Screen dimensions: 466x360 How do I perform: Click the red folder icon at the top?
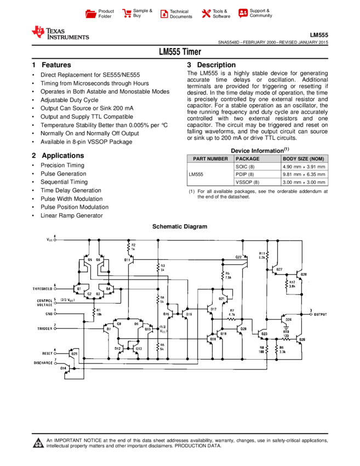pyautogui.click(x=91, y=14)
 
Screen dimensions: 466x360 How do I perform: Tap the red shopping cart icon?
pyautogui.click(x=127, y=14)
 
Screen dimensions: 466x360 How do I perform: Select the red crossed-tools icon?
pyautogui.click(x=206, y=14)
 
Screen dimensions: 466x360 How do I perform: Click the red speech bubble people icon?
pyautogui.click(x=243, y=14)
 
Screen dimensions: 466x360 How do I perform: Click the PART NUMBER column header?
pyautogui.click(x=210, y=159)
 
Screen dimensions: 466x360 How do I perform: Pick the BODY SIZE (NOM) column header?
pyautogui.click(x=304, y=159)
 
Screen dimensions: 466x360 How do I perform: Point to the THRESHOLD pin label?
pyautogui.click(x=42, y=288)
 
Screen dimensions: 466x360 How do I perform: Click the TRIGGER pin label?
pyautogui.click(x=44, y=328)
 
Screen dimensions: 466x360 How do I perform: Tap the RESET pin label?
pyautogui.click(x=47, y=354)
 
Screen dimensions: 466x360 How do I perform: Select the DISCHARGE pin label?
pyautogui.click(x=43, y=363)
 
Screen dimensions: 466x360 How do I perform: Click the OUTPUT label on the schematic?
pyautogui.click(x=321, y=315)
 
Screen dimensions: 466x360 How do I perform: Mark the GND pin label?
pyautogui.click(x=48, y=315)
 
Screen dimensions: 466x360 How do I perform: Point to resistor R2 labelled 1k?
pyautogui.click(x=129, y=247)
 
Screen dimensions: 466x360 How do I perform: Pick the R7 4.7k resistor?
pyautogui.click(x=232, y=318)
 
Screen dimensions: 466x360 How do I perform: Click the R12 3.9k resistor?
pyautogui.click(x=287, y=284)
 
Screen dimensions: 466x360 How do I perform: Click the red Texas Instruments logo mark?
pyautogui.click(x=38, y=32)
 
